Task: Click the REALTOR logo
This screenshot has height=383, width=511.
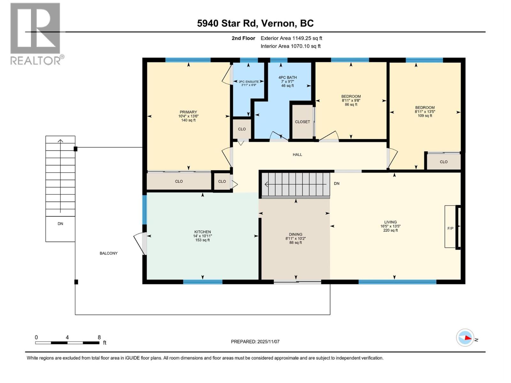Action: click(36, 34)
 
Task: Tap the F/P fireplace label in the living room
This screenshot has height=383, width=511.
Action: click(450, 228)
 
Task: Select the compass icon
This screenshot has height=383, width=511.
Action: click(465, 337)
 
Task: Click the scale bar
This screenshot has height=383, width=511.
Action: click(67, 342)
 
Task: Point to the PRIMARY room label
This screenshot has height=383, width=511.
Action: click(188, 116)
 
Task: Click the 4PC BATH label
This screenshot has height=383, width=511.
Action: click(287, 81)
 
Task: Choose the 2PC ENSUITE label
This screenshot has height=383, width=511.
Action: click(249, 83)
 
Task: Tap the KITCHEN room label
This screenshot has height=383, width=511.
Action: click(202, 236)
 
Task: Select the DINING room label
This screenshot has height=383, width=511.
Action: click(295, 238)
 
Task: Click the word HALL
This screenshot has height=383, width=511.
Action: click(297, 154)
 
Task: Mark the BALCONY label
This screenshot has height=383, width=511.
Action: click(109, 253)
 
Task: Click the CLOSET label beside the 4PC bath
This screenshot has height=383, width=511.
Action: click(302, 122)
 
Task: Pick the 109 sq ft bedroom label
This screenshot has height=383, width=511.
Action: click(425, 111)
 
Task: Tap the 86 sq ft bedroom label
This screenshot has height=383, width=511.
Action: click(351, 100)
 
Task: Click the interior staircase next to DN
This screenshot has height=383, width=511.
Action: click(296, 184)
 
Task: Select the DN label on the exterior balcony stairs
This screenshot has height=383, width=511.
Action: click(60, 224)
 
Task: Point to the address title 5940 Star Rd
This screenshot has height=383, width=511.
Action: click(255, 23)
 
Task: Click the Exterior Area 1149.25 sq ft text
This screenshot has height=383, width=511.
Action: click(291, 38)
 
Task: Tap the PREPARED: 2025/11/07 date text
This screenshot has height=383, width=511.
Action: click(255, 342)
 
